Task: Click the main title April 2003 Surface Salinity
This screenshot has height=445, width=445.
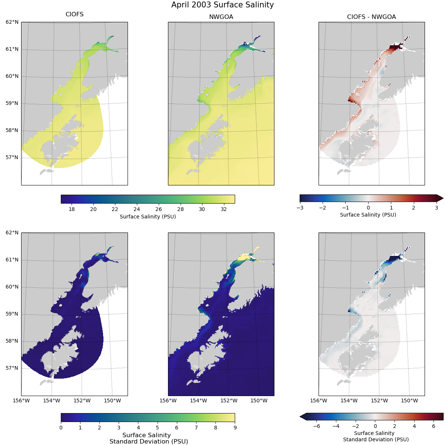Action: click(x=222, y=5)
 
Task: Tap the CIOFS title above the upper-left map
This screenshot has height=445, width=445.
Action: click(x=75, y=14)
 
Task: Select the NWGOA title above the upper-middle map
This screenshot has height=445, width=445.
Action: click(x=221, y=17)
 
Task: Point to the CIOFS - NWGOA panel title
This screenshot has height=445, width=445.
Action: click(x=371, y=17)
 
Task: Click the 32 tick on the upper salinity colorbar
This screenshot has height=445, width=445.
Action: click(x=224, y=209)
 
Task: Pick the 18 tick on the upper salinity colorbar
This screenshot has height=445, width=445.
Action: click(x=72, y=209)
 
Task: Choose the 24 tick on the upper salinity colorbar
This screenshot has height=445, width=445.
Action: click(x=137, y=209)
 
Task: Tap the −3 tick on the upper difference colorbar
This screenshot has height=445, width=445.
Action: click(x=300, y=208)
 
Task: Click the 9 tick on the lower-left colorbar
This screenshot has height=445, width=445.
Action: click(x=235, y=428)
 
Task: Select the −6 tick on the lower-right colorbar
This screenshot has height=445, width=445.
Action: click(x=316, y=426)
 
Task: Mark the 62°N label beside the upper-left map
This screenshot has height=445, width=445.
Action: click(x=12, y=22)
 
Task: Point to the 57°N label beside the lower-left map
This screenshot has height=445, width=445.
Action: click(x=12, y=368)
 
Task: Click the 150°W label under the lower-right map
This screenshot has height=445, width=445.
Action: click(x=409, y=400)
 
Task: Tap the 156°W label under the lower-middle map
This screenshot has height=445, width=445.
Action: click(x=168, y=400)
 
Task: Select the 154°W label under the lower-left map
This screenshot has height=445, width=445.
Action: click(x=52, y=400)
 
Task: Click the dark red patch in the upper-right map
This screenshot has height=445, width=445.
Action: click(x=395, y=47)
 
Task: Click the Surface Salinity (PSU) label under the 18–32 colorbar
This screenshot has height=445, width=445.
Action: click(x=148, y=217)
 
